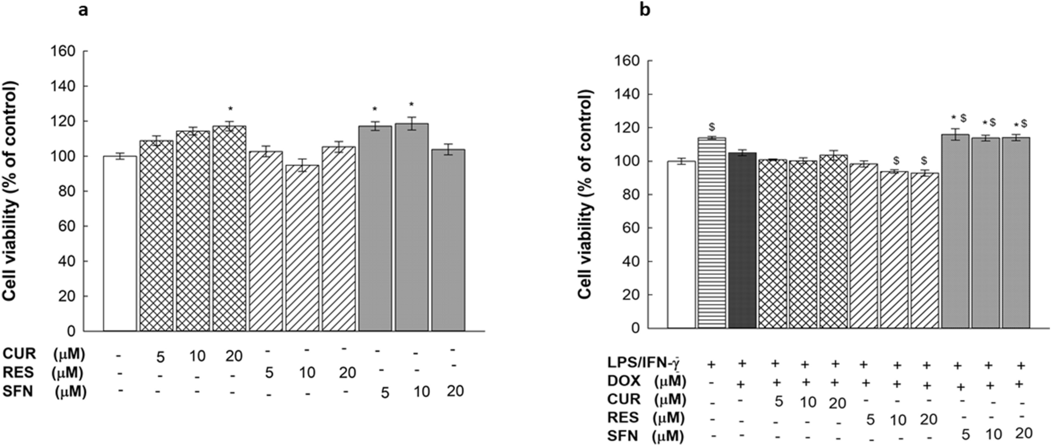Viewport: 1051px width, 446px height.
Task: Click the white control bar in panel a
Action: (120, 244)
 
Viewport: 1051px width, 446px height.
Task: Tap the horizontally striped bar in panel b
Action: (712, 233)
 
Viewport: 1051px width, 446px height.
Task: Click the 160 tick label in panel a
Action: (64, 51)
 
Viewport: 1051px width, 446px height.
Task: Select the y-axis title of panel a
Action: (11, 191)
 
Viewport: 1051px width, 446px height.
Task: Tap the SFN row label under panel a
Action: (18, 391)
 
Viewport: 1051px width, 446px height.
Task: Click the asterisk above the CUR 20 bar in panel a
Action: (230, 110)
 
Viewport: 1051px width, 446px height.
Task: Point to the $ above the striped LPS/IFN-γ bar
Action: (712, 128)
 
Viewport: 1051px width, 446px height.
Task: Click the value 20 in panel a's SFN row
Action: (455, 391)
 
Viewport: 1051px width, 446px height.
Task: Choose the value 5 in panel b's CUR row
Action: (778, 402)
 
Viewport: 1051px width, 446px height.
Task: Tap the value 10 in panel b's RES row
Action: (898, 420)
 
